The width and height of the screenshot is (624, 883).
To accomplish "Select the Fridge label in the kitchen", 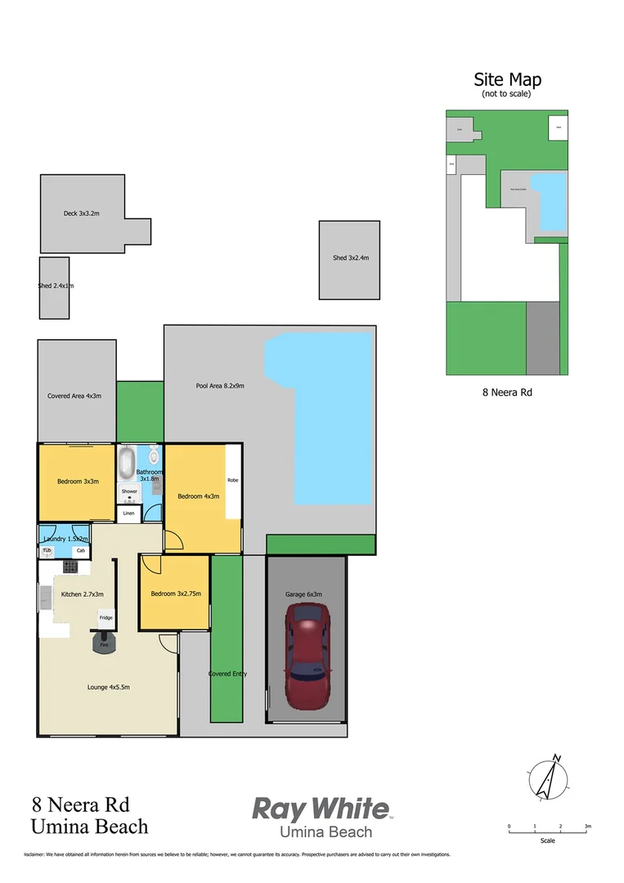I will (106, 617).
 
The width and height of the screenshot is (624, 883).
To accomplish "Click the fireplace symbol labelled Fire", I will (105, 643).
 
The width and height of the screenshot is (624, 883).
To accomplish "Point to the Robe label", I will (233, 480).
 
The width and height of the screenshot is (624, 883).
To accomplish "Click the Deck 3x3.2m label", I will (81, 213).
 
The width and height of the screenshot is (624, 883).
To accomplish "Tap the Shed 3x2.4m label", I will (350, 258).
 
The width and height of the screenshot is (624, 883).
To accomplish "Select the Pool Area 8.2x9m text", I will (220, 386).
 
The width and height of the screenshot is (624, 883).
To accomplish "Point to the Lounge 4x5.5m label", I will (109, 687).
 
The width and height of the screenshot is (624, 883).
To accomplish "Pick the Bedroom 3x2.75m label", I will (174, 594).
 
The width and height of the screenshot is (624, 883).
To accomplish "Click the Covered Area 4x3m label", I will (74, 397).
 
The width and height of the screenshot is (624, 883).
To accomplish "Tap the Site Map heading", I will (507, 79).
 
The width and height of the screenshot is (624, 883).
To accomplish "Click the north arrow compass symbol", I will (547, 779).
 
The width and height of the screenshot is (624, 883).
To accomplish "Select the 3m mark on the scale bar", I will (587, 827).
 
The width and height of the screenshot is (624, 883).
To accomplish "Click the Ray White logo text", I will (320, 809).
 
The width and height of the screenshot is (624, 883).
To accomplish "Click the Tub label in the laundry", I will (47, 551).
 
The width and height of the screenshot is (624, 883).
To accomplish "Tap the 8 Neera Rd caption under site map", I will (506, 392).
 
